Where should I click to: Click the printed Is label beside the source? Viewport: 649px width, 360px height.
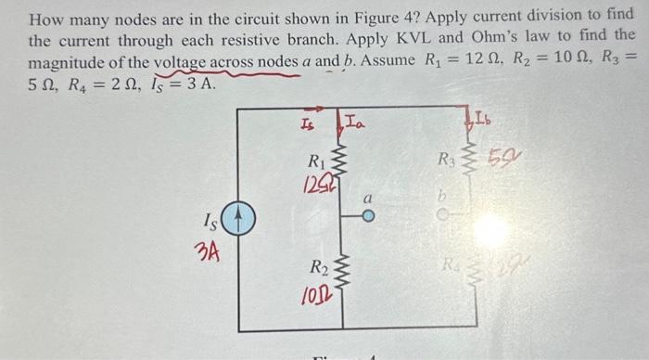click(x=212, y=225)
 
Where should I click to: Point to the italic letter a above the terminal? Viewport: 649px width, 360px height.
click(x=368, y=199)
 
